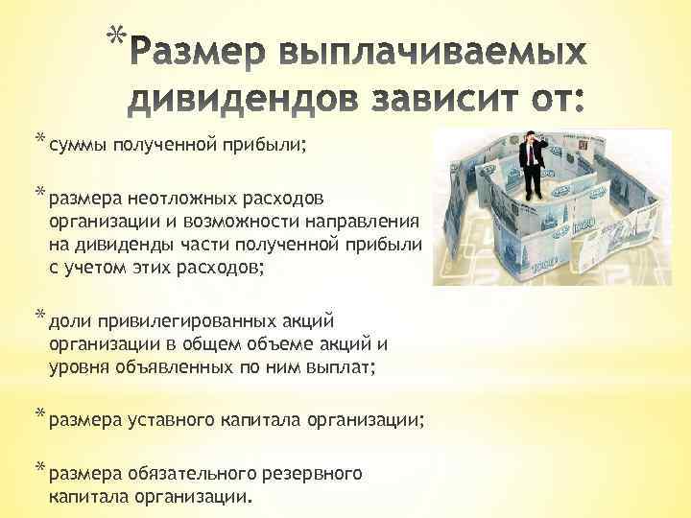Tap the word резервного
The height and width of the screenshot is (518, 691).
pyautogui.click(x=316, y=473)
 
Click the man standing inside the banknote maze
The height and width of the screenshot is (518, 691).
pyautogui.click(x=530, y=182)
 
